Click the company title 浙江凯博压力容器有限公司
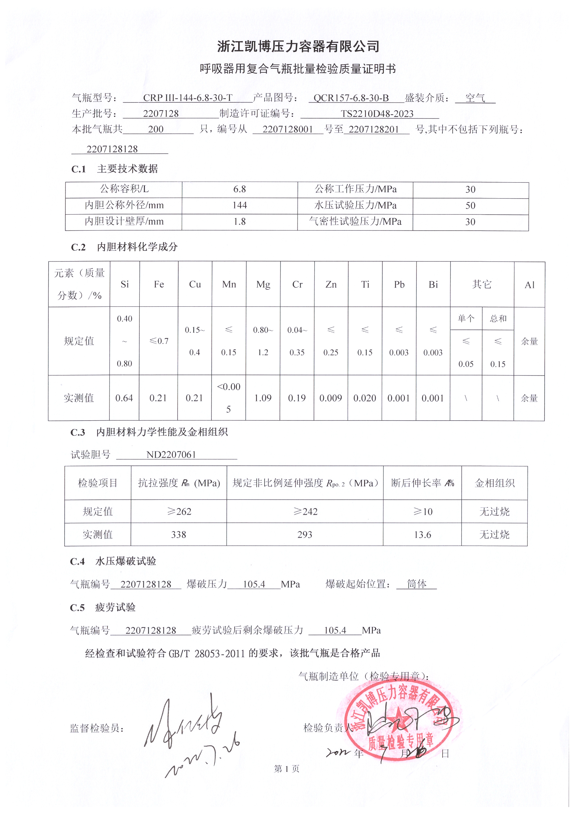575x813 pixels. click(298, 46)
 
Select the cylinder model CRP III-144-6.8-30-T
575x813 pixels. click(188, 98)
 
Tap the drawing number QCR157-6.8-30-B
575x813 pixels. click(351, 98)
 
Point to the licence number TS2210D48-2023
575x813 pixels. click(377, 114)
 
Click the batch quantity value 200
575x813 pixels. click(156, 129)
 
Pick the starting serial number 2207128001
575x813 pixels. click(287, 129)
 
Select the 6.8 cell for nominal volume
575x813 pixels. click(240, 190)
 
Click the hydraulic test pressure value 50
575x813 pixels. click(470, 206)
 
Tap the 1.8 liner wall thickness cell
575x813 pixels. click(240, 222)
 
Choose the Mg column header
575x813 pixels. click(263, 285)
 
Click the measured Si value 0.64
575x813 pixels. click(124, 398)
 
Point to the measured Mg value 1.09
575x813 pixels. click(263, 398)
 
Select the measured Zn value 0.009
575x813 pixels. click(331, 398)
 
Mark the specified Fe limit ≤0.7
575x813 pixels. click(159, 341)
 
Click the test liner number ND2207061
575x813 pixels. click(171, 454)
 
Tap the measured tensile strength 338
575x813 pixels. click(178, 534)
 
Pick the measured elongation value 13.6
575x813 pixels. click(422, 534)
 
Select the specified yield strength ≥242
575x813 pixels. click(305, 511)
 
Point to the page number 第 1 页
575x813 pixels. click(287, 768)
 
